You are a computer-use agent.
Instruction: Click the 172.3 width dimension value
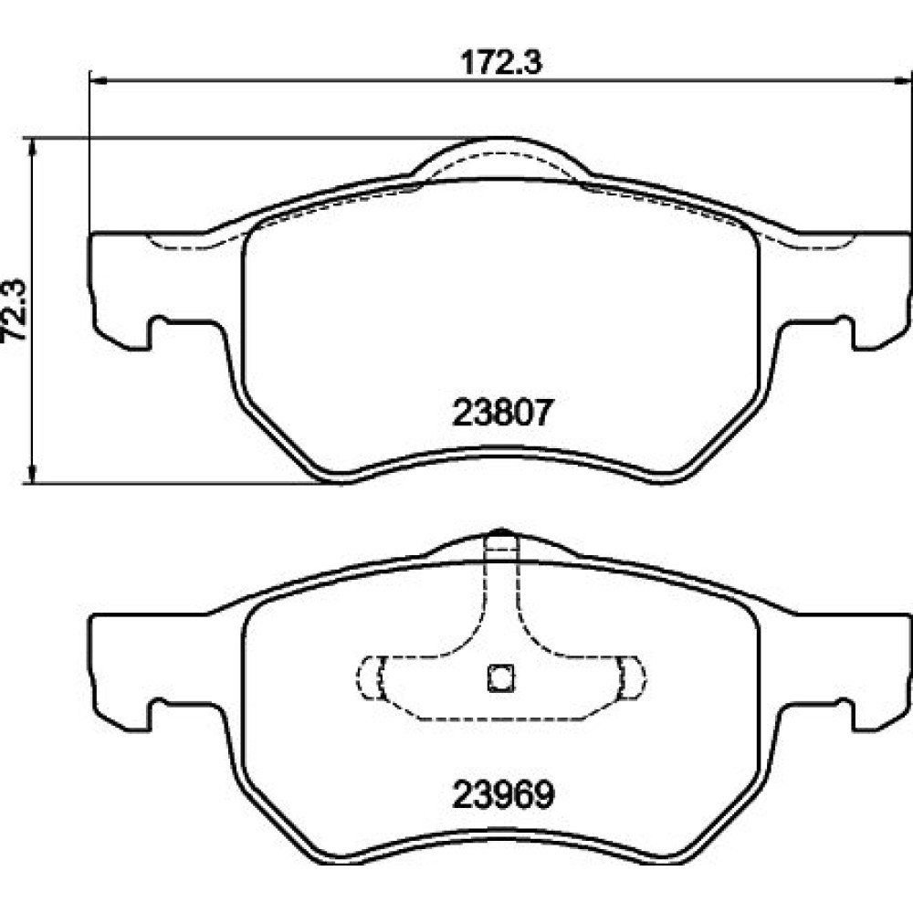(500, 62)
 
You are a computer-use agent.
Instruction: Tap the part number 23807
(500, 413)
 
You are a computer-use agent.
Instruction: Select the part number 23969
(503, 794)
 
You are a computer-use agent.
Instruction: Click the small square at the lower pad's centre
(500, 677)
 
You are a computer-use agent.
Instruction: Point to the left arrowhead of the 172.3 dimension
(98, 81)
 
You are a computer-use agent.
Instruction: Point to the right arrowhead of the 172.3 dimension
(904, 81)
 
